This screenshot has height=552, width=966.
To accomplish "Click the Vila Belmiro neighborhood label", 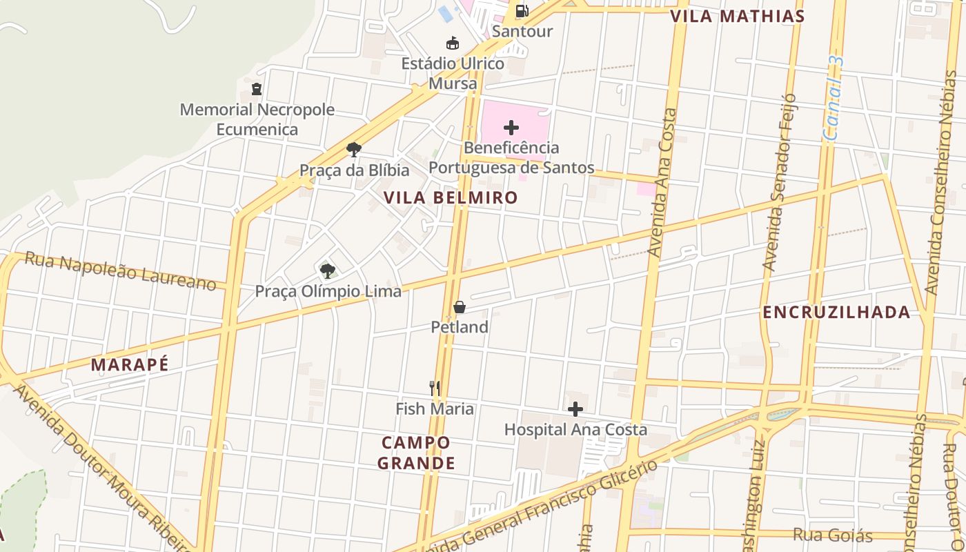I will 450,198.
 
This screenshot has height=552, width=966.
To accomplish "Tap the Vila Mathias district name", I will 738,17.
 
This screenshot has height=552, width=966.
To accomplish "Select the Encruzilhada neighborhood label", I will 836,313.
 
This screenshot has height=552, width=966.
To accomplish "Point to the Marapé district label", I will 130,365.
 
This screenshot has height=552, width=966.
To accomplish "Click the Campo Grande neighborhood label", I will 416,453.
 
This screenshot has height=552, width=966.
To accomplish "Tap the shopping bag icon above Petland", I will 459,307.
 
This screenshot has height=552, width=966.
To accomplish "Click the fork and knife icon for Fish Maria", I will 435,388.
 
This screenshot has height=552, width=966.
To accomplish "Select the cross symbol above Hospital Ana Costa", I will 575,409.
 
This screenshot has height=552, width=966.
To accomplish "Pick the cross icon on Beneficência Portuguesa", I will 511,128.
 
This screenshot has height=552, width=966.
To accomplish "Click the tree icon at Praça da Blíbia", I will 354,150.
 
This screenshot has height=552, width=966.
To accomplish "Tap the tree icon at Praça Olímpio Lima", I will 328,270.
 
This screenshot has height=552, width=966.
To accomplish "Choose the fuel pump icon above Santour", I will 522,11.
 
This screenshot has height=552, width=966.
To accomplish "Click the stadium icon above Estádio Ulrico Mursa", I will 453,43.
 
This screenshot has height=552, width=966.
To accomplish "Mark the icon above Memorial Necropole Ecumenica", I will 257,89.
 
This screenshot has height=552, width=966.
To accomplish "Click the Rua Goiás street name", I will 833,535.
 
